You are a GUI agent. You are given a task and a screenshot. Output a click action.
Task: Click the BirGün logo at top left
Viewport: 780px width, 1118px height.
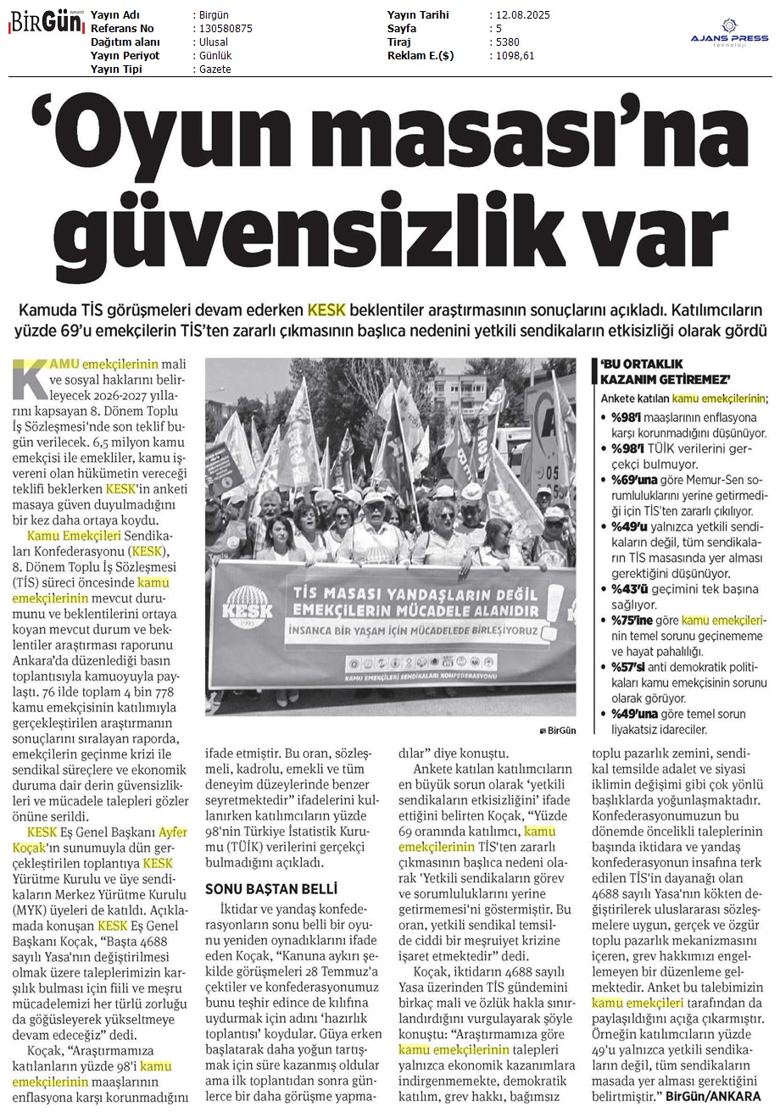[x=45, y=22]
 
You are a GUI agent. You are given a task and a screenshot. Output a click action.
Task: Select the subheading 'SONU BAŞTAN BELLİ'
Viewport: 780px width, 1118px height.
[x=271, y=889]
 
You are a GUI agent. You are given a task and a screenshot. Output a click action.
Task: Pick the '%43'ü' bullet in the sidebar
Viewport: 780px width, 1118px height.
[x=627, y=589]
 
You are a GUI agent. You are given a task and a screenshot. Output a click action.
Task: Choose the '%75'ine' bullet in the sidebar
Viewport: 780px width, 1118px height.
[x=633, y=621]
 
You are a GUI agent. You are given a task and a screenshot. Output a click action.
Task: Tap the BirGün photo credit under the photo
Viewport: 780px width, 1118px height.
[x=556, y=730]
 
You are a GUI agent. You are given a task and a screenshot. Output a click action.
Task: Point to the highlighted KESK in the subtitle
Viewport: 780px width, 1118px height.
[x=326, y=309]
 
